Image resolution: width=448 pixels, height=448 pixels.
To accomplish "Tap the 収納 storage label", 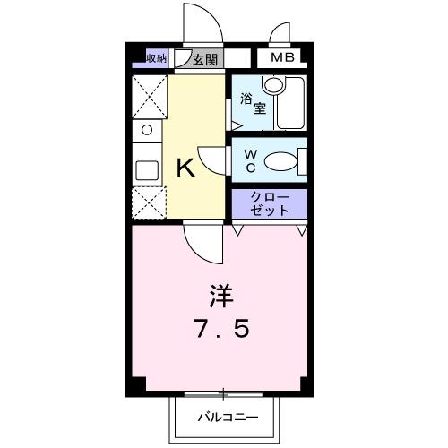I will (x=156, y=59).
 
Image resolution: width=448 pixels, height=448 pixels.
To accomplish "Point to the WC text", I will (x=251, y=161).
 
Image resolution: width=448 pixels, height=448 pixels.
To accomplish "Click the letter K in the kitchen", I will (x=185, y=168).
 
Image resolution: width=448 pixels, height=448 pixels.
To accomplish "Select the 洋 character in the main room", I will (x=222, y=294).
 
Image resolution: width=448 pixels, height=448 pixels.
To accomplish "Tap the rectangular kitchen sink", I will (x=146, y=169).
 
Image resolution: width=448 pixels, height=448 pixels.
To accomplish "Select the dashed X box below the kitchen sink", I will (x=146, y=202).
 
